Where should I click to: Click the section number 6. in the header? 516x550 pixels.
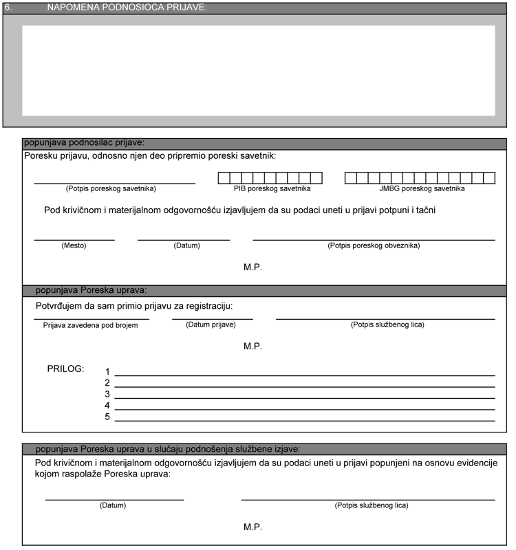8,7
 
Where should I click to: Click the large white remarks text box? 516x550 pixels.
258,70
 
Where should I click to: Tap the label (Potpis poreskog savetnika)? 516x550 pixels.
111,188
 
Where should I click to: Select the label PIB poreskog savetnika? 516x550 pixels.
272,188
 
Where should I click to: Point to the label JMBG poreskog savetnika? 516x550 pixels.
422,188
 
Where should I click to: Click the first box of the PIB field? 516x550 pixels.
224,178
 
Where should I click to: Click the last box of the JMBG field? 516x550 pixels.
490,178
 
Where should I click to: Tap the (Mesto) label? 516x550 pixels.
74,245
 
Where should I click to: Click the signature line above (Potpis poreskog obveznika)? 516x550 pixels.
374,240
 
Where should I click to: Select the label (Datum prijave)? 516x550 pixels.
211,324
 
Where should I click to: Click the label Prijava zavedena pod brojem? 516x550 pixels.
91,325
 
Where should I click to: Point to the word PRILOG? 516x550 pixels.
65,369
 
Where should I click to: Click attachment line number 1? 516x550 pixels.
305,375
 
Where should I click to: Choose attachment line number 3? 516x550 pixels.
305,397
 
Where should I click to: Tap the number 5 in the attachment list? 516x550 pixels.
107,417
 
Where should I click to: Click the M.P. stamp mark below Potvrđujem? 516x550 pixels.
252,346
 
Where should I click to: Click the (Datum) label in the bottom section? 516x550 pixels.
114,505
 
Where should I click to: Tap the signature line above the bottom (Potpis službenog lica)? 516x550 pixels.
368,499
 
